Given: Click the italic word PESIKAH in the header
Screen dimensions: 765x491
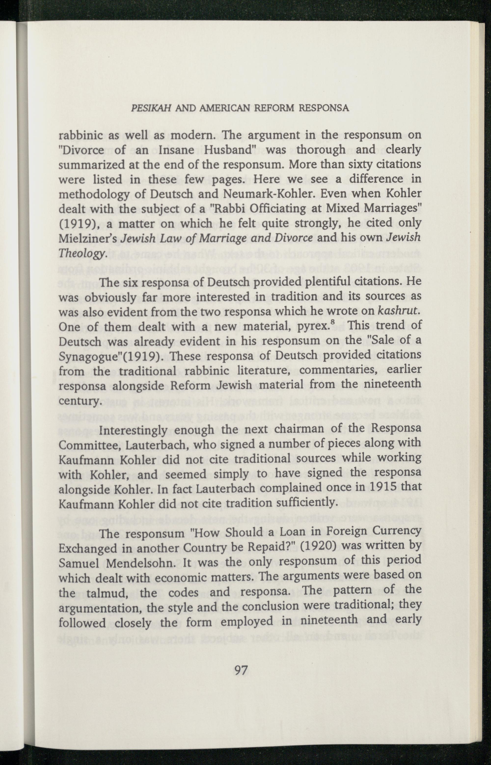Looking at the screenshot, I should [151, 109].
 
